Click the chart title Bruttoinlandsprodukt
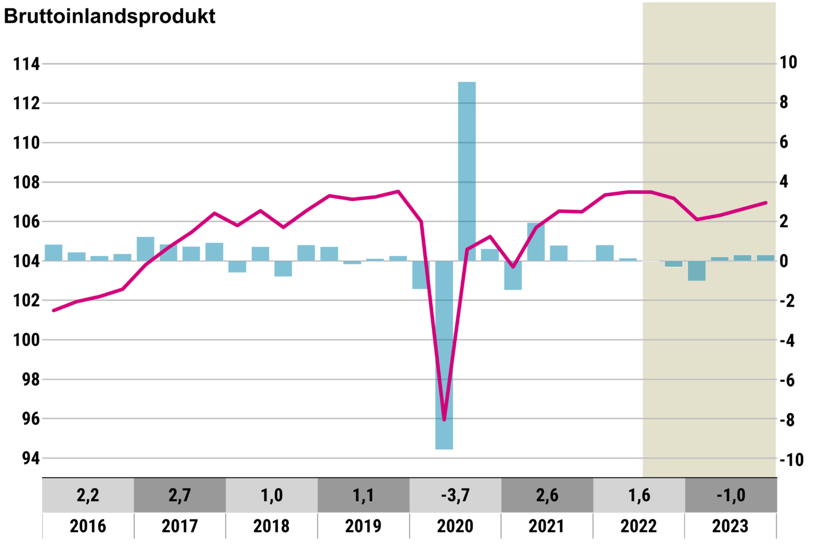coord(109,16)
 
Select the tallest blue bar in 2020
coord(467,171)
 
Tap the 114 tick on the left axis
coord(27,64)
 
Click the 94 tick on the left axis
coord(31,458)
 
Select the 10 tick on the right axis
coord(789,62)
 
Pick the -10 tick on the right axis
coord(791,460)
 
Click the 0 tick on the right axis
coord(784,261)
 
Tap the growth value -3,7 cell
coord(455,495)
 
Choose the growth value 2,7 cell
coord(180,495)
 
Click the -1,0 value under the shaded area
coord(730,495)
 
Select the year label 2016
coord(88,526)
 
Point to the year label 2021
coord(547,526)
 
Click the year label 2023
coord(730,526)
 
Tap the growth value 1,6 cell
coord(639,495)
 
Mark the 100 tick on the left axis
coord(27,340)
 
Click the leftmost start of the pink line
coord(53,310)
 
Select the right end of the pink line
coord(766,203)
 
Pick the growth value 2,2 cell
coord(88,495)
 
